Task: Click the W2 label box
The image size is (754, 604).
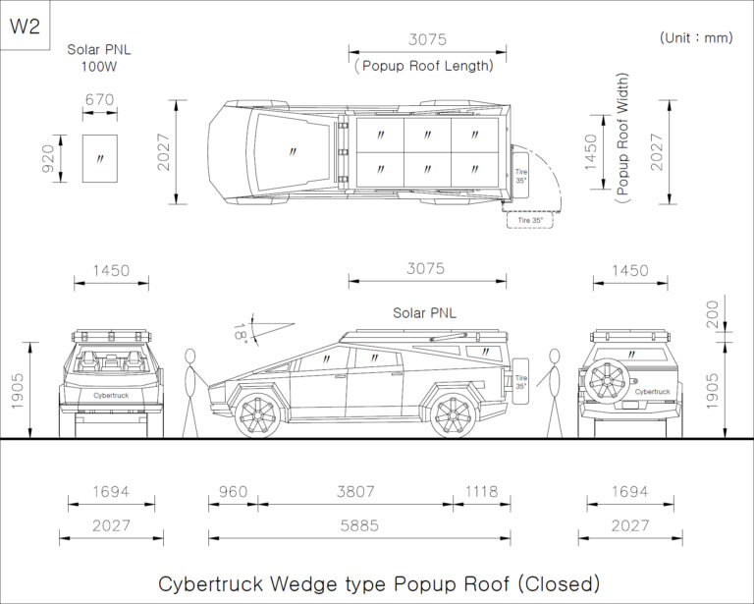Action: point(25,26)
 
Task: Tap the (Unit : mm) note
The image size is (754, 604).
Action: point(696,37)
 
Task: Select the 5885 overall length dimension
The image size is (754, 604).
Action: point(358,525)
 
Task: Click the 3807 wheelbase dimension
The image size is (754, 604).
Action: point(355,492)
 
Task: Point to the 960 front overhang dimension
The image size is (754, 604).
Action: point(233,492)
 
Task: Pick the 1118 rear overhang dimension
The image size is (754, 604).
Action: point(481,492)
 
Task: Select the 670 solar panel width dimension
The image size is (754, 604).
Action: point(100,99)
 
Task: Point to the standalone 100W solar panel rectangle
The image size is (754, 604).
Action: point(100,157)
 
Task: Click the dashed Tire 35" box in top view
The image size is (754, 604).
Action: point(530,220)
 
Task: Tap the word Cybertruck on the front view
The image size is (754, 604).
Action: point(111,395)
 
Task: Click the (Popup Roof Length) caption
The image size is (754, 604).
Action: point(423,67)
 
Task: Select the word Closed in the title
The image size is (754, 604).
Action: point(556,583)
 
